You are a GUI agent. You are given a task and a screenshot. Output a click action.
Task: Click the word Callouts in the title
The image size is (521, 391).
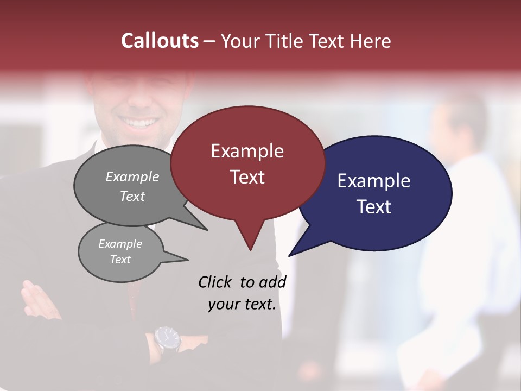click(x=160, y=41)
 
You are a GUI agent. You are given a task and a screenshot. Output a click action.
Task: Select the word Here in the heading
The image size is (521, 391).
click(x=371, y=41)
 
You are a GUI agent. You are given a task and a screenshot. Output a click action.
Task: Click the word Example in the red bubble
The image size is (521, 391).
click(x=247, y=151)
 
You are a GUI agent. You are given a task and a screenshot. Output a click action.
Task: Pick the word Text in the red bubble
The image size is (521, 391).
click(x=247, y=177)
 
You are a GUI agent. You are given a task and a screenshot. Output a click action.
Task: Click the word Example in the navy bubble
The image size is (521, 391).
click(x=373, y=181)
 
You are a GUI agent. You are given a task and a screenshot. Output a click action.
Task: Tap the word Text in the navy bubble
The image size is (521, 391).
click(x=374, y=207)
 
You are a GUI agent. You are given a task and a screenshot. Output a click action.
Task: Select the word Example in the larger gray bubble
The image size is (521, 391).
click(x=132, y=177)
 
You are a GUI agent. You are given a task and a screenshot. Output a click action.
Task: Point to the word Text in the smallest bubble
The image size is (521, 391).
click(x=120, y=260)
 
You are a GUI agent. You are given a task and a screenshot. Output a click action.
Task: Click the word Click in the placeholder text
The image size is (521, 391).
click(x=215, y=282)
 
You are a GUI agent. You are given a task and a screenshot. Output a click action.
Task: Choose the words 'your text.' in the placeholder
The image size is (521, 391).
click(x=242, y=304)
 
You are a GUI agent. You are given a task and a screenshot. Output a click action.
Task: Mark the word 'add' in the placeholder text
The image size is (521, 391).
click(x=272, y=282)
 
